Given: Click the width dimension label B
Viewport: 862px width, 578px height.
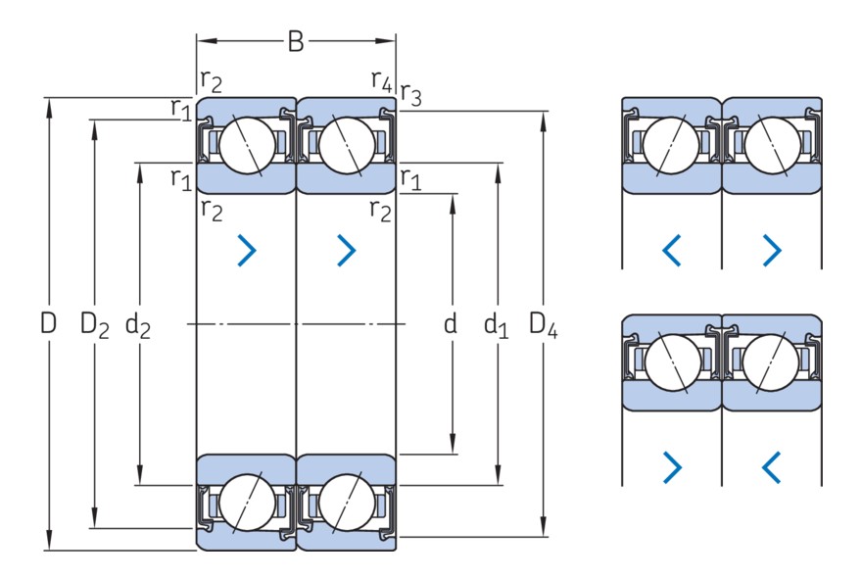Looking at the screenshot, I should [x=296, y=41].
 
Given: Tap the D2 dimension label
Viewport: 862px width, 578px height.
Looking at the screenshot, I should [x=95, y=324].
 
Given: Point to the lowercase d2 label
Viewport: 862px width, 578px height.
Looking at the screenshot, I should [x=138, y=324].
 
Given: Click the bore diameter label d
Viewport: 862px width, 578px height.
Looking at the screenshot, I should [x=451, y=323].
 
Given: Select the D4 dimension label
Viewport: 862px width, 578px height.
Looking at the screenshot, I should [x=543, y=324].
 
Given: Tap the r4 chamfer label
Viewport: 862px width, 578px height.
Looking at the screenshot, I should [x=381, y=80].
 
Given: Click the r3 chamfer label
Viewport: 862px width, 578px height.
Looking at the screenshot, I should [x=410, y=95].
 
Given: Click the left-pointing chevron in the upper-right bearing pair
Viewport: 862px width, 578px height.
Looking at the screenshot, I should [x=671, y=251].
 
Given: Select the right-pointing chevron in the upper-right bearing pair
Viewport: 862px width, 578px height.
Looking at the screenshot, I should [x=772, y=251].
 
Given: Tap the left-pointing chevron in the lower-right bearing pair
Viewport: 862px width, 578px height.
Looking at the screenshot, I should [x=772, y=467].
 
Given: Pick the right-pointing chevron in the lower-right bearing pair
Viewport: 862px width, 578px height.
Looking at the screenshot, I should [x=671, y=467].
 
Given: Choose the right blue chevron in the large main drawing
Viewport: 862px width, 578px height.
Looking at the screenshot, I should [x=347, y=251].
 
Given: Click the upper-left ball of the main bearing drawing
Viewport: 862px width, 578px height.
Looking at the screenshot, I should [x=244, y=146].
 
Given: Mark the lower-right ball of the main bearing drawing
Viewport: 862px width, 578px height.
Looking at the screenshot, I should [x=345, y=501].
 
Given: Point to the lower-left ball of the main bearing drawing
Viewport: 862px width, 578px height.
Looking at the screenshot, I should [x=244, y=501].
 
